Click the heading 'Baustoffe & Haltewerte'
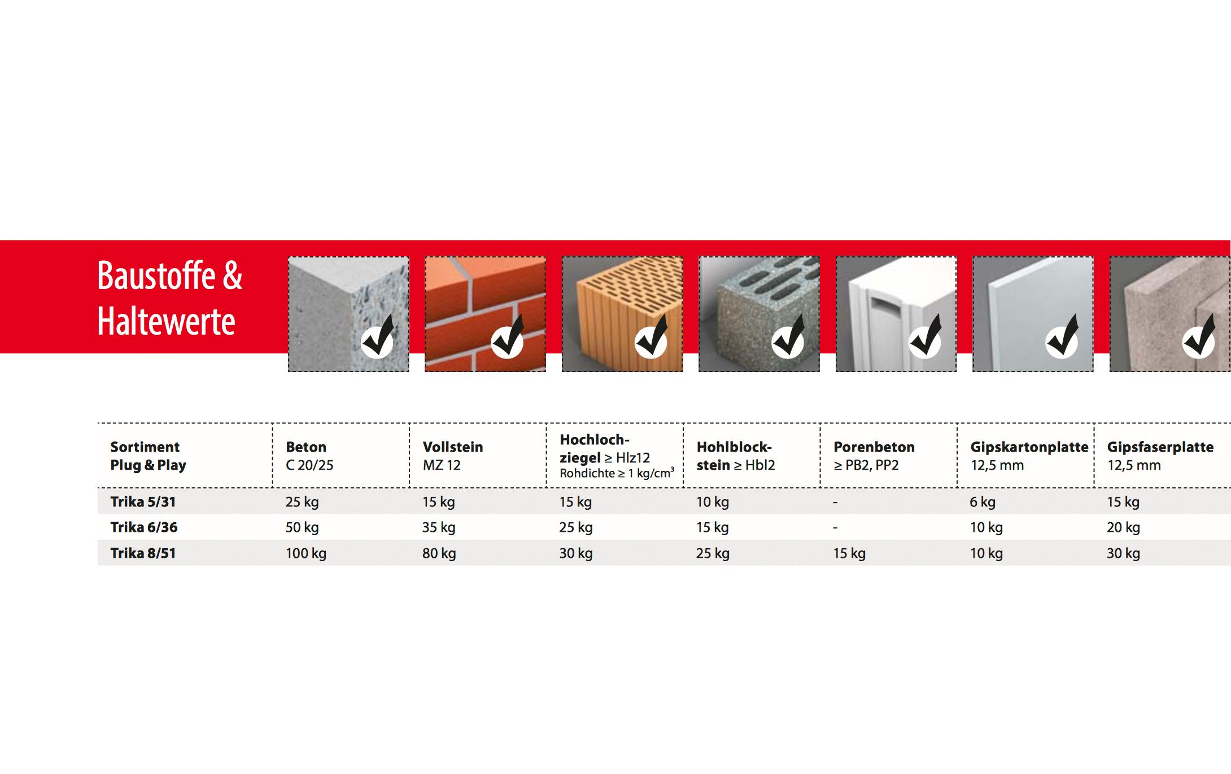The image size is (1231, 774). click(x=169, y=298)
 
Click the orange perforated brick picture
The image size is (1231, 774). click(x=622, y=314)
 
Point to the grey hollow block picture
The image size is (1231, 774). click(x=759, y=314)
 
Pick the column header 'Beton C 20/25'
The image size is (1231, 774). click(x=309, y=456)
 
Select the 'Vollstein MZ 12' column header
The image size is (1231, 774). click(x=453, y=456)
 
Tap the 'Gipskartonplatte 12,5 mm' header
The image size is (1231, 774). click(x=1029, y=456)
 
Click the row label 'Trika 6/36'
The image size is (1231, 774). click(x=144, y=527)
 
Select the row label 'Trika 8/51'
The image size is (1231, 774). click(x=143, y=553)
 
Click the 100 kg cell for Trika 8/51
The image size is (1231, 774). click(x=306, y=553)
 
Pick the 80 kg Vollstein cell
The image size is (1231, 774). click(x=439, y=553)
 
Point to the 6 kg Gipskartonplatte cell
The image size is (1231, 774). click(x=983, y=502)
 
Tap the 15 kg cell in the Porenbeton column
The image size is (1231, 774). click(x=849, y=553)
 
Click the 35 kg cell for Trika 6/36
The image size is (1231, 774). click(x=439, y=527)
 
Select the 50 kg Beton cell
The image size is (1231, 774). click(x=302, y=527)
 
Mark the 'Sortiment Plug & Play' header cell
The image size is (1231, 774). click(x=148, y=456)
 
